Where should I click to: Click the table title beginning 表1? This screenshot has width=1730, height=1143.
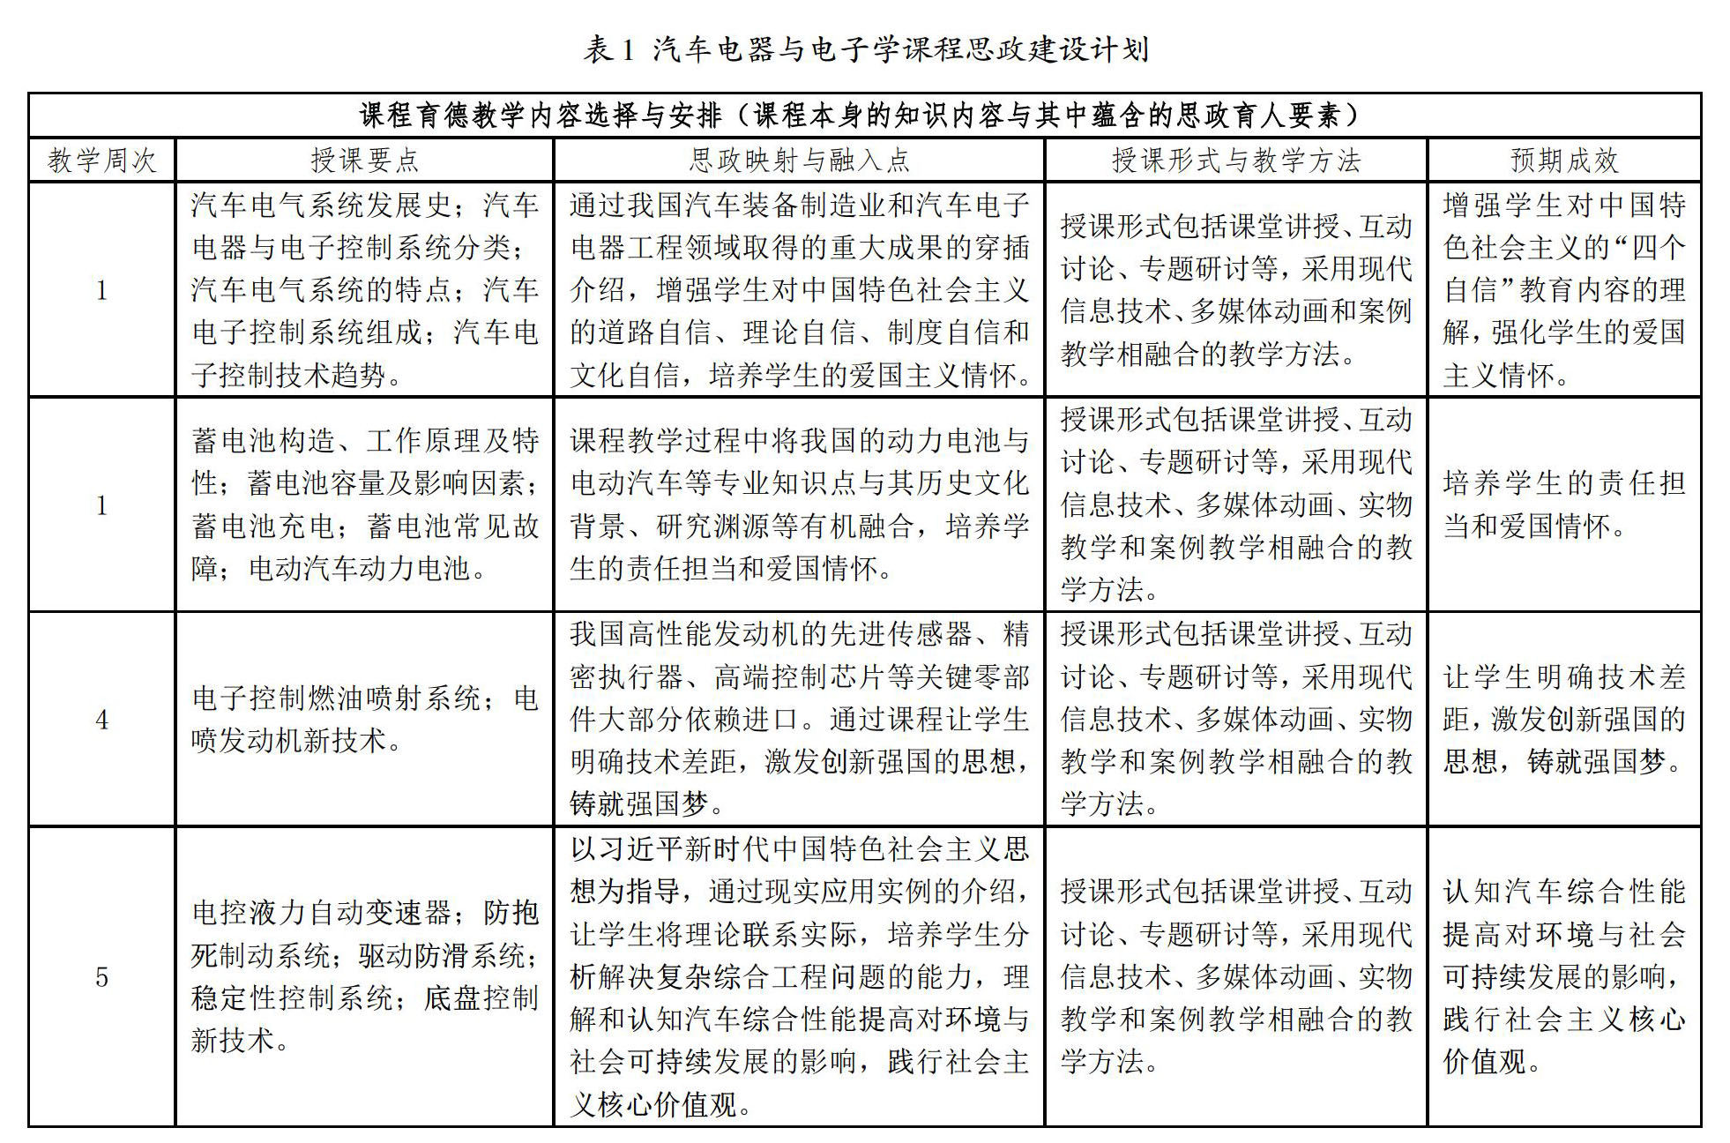tap(865, 49)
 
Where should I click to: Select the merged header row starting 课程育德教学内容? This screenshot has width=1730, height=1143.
tap(865, 116)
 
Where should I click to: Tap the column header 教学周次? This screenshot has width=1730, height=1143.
tap(101, 160)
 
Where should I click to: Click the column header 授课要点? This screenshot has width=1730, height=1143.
tap(364, 160)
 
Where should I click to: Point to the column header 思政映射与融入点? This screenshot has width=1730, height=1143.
tap(799, 160)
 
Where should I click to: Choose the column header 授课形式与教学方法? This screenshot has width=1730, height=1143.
tap(1235, 160)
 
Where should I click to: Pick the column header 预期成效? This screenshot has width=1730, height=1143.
tap(1564, 160)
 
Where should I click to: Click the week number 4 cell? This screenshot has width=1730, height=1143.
tap(101, 720)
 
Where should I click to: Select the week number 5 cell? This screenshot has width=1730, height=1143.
tap(101, 976)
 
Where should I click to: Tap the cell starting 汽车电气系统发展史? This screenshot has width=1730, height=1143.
tap(364, 289)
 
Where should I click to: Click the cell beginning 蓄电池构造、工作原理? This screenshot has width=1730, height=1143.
tap(364, 504)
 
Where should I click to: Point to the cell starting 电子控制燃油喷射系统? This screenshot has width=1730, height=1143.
tap(364, 720)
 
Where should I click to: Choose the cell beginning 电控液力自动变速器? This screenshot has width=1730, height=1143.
tap(364, 976)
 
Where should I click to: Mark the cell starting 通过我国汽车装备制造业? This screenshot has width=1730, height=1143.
tap(799, 289)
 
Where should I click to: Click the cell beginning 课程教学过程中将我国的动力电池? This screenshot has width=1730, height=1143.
tap(799, 504)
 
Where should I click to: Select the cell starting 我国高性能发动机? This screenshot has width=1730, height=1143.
tap(799, 720)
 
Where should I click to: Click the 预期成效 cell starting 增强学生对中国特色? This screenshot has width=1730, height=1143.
tap(1564, 289)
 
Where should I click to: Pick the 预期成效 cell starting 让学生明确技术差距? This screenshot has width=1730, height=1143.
tap(1564, 720)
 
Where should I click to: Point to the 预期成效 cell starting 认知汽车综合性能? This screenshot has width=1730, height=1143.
tap(1564, 976)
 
